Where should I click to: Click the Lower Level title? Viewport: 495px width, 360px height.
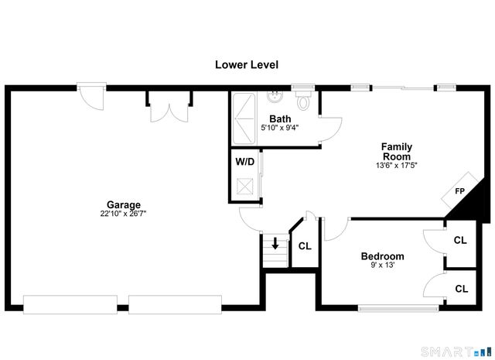pyautogui.click(x=246, y=65)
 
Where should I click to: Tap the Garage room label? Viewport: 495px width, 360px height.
pyautogui.click(x=124, y=205)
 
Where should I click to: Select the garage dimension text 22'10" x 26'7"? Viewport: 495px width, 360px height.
pyautogui.click(x=124, y=214)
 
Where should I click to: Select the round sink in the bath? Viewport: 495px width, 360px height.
pyautogui.click(x=275, y=97)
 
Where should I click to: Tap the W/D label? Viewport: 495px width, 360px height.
pyautogui.click(x=245, y=162)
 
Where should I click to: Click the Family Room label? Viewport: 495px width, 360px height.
pyautogui.click(x=396, y=151)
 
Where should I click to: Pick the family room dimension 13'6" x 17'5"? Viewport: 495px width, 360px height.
pyautogui.click(x=396, y=165)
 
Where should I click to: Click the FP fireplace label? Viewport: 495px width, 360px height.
pyautogui.click(x=459, y=191)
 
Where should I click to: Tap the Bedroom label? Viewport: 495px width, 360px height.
pyautogui.click(x=382, y=256)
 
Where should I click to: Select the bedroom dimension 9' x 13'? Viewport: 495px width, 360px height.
pyautogui.click(x=382, y=266)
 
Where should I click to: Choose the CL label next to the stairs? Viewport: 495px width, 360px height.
pyautogui.click(x=304, y=246)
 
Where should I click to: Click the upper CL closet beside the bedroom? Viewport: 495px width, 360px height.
pyautogui.click(x=460, y=240)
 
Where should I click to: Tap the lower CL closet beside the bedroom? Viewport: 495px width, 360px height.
pyautogui.click(x=461, y=289)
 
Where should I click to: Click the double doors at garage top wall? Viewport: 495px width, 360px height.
pyautogui.click(x=168, y=107)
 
